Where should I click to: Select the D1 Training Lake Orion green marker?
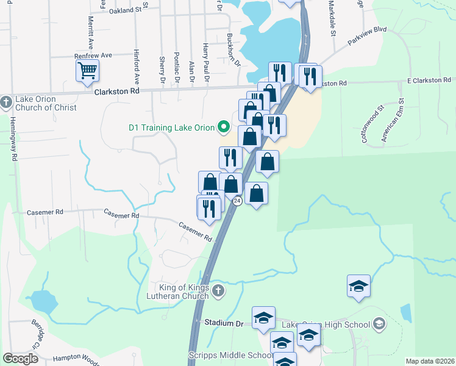pos(224,127)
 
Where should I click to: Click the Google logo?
pos(20,359)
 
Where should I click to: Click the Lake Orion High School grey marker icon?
pos(379,323)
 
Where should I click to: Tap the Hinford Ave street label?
pos(137,68)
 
